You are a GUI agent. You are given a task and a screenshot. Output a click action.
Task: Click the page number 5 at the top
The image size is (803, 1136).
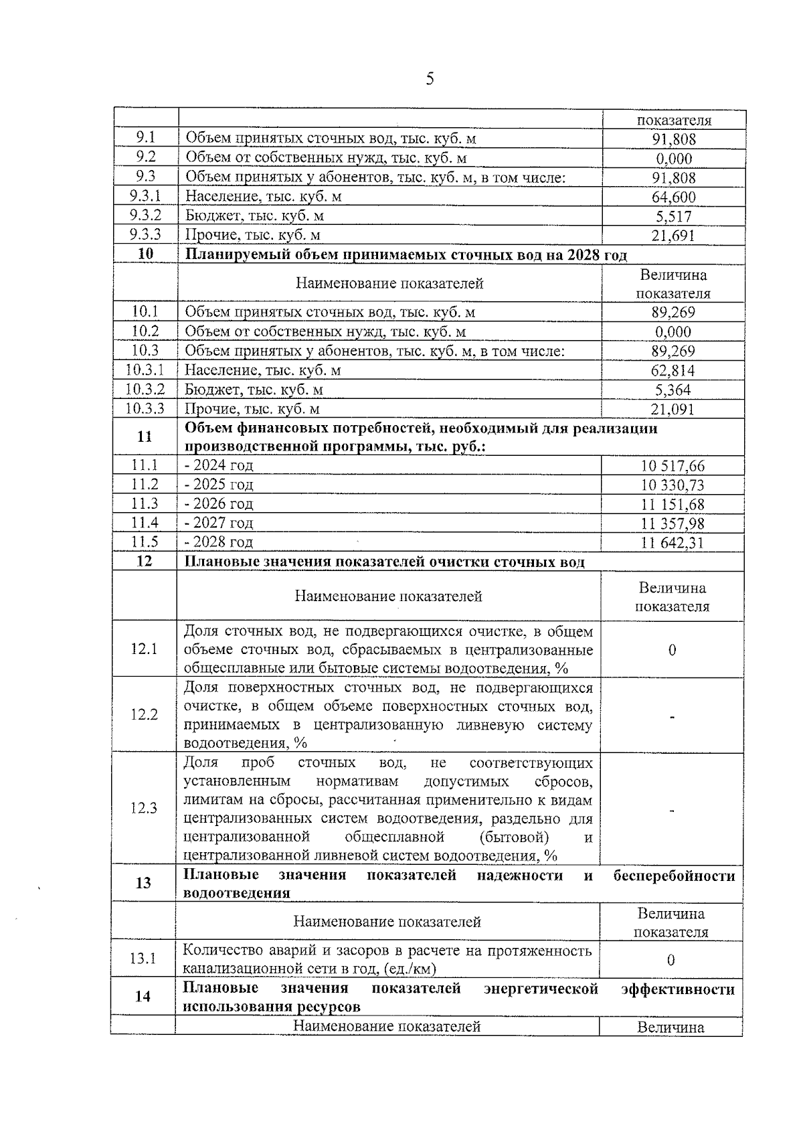pyautogui.click(x=430, y=79)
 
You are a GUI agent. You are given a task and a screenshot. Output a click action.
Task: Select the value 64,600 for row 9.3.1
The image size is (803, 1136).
pyautogui.click(x=673, y=197)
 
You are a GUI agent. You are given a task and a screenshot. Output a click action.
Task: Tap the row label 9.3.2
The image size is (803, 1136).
pyautogui.click(x=145, y=216)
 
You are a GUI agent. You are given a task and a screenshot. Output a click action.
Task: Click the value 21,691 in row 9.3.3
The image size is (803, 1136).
pyautogui.click(x=673, y=235)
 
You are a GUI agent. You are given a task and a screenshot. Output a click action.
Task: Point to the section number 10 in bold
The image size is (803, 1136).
pyautogui.click(x=145, y=254)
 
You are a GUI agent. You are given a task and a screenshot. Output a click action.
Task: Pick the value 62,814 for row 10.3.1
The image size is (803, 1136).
pyautogui.click(x=673, y=370)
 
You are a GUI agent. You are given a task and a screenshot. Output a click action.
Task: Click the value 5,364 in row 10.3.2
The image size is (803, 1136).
pyautogui.click(x=673, y=390)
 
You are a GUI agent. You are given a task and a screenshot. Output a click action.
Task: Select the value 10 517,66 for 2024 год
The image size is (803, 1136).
pyautogui.click(x=672, y=466)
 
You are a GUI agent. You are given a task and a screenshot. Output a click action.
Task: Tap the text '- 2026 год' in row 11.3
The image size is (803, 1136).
pyautogui.click(x=219, y=503)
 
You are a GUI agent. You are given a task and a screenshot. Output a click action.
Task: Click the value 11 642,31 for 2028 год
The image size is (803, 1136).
pyautogui.click(x=672, y=542)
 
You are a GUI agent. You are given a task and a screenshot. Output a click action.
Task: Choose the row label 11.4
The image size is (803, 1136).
pyautogui.click(x=145, y=522)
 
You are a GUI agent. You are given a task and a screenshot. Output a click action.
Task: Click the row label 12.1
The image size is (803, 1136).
pyautogui.click(x=144, y=649)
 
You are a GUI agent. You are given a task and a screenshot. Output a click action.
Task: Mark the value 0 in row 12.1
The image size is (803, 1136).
pyautogui.click(x=672, y=650)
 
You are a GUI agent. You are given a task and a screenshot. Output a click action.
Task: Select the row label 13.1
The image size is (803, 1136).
pyautogui.click(x=143, y=959)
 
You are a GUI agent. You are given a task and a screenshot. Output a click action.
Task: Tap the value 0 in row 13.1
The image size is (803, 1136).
pyautogui.click(x=671, y=960)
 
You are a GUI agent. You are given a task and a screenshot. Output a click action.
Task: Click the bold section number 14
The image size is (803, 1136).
pyautogui.click(x=143, y=997)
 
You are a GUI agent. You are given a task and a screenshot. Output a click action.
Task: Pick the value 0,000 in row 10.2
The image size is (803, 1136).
pyautogui.click(x=673, y=332)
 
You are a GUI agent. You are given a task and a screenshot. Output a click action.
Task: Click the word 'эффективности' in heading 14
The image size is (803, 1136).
pyautogui.click(x=677, y=989)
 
